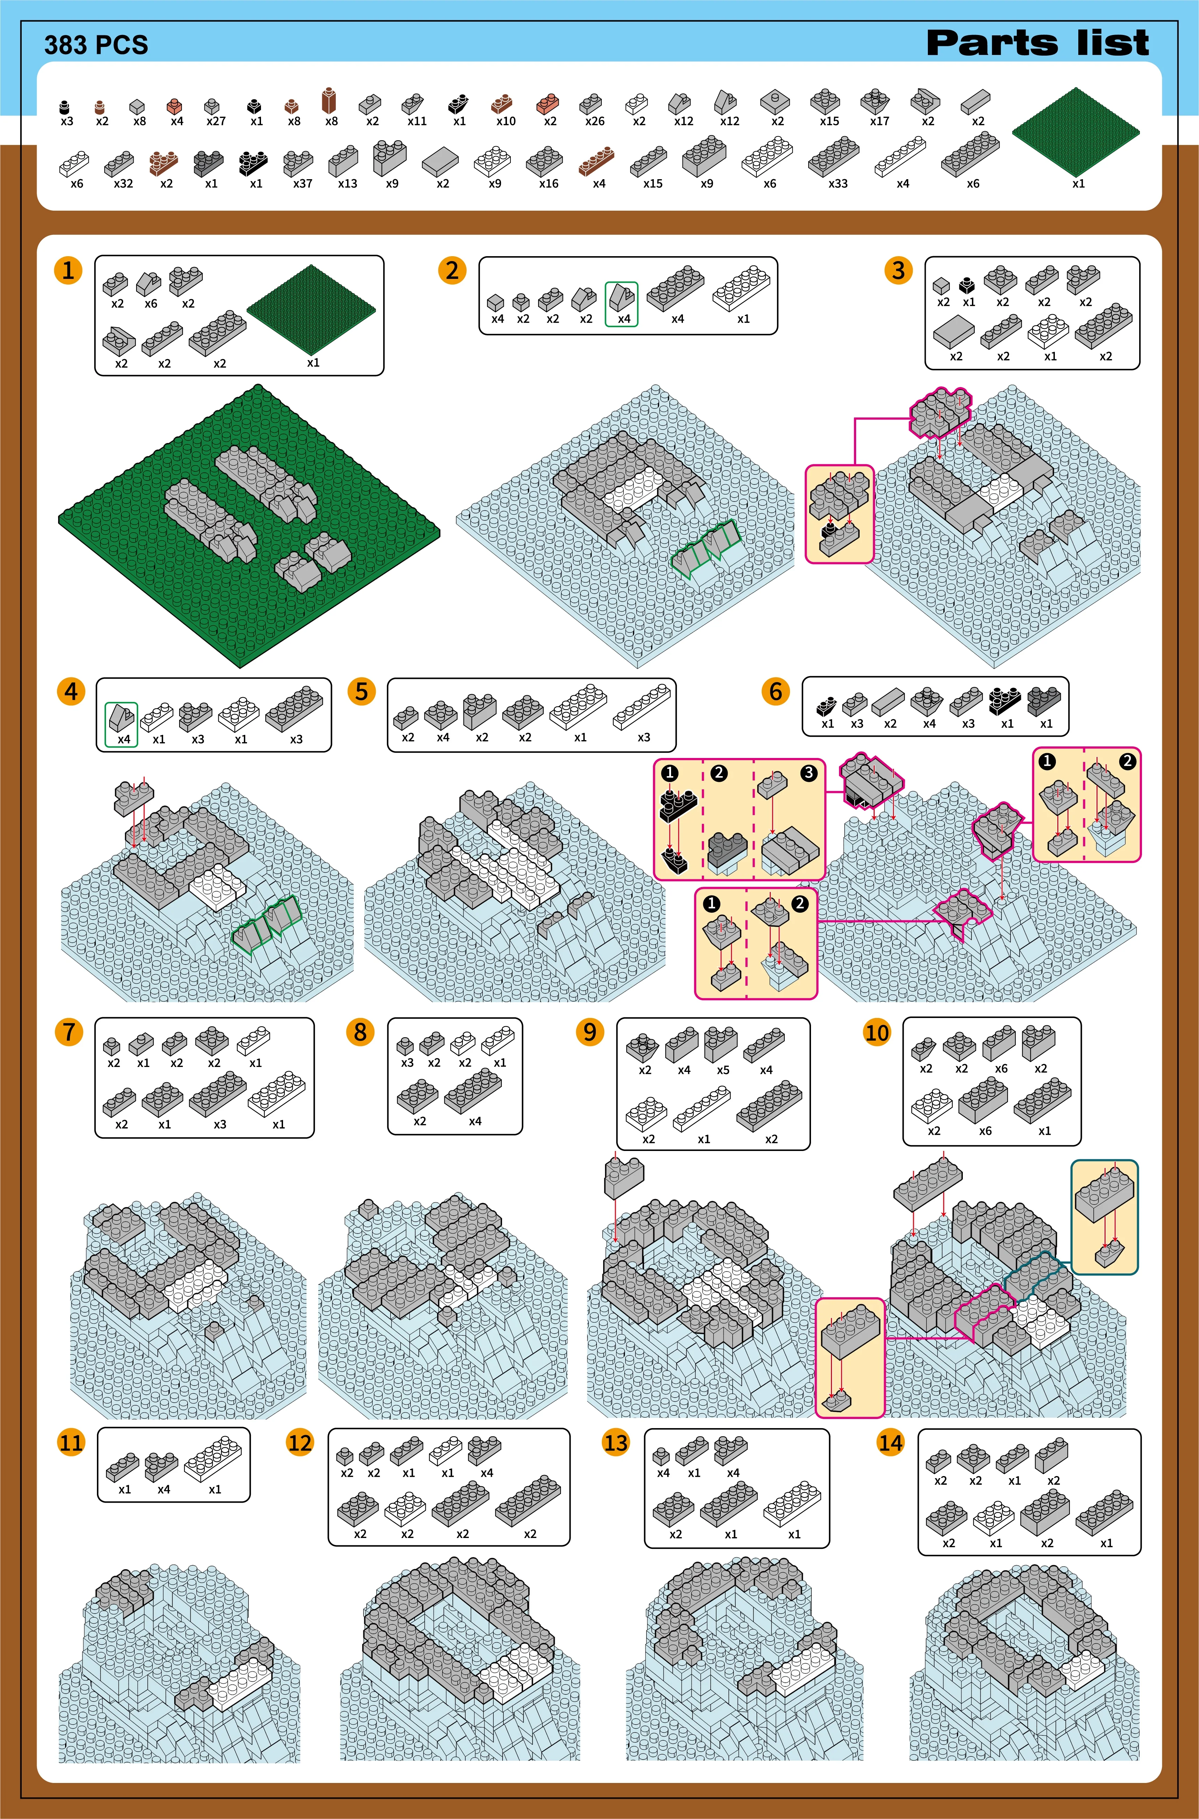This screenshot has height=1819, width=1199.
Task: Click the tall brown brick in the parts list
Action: tap(330, 100)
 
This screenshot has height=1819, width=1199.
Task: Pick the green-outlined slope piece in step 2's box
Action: tap(622, 303)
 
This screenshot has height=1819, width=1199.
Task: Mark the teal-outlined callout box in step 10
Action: tap(1104, 1216)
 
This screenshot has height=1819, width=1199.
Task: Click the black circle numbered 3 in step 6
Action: tap(809, 773)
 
